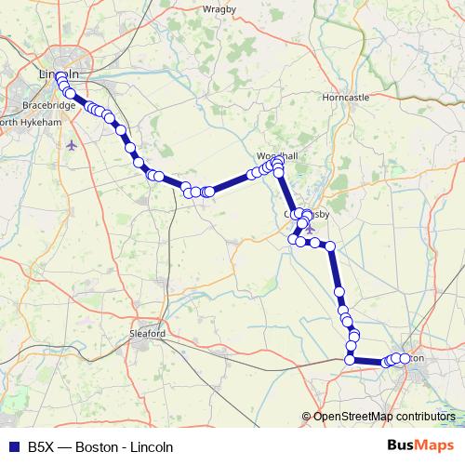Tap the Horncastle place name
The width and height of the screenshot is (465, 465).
pyautogui.click(x=344, y=97)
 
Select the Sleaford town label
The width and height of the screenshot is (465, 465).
pyautogui.click(x=148, y=333)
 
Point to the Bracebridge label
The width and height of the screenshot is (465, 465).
pyautogui.click(x=49, y=106)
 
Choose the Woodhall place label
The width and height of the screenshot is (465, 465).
pyautogui.click(x=276, y=156)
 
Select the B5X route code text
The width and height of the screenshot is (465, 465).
pyautogui.click(x=40, y=445)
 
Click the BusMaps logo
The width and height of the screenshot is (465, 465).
pyautogui.click(x=422, y=445)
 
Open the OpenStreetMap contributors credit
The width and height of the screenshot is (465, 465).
pyautogui.click(x=383, y=417)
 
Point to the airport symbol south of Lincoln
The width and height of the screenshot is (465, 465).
pyautogui.click(x=73, y=144)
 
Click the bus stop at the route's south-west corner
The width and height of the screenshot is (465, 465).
pyautogui.click(x=350, y=359)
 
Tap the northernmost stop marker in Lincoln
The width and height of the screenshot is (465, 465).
pyautogui.click(x=60, y=77)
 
